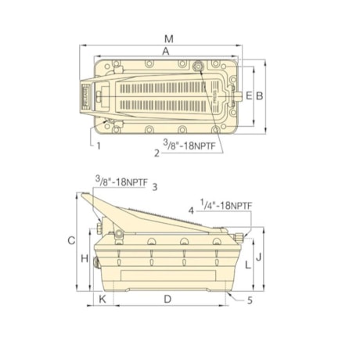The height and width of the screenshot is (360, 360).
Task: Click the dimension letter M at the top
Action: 169,38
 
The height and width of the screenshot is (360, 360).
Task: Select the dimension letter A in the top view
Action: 164,50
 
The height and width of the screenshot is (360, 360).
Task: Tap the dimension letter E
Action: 248,95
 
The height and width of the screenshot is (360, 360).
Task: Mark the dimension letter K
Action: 101,300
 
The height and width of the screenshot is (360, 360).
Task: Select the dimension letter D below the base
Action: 167,300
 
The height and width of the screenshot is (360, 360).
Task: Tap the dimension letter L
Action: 247,265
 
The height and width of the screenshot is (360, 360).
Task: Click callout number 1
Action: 99,146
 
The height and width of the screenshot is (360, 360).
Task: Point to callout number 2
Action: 157,153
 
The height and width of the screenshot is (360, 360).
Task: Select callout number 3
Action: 155,186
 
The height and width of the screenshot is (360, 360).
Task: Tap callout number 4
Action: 190,210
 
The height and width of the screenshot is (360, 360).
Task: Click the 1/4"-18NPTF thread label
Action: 225,205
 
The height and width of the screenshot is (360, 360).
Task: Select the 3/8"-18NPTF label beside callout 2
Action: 190,145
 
